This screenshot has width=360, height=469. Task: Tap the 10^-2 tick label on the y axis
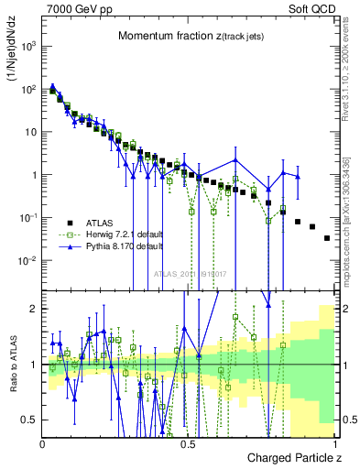tap(28, 261)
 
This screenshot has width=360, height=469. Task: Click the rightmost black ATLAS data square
tap(327, 238)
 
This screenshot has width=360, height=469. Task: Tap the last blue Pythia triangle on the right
tap(298, 177)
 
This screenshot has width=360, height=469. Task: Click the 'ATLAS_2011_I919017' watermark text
tap(191, 273)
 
